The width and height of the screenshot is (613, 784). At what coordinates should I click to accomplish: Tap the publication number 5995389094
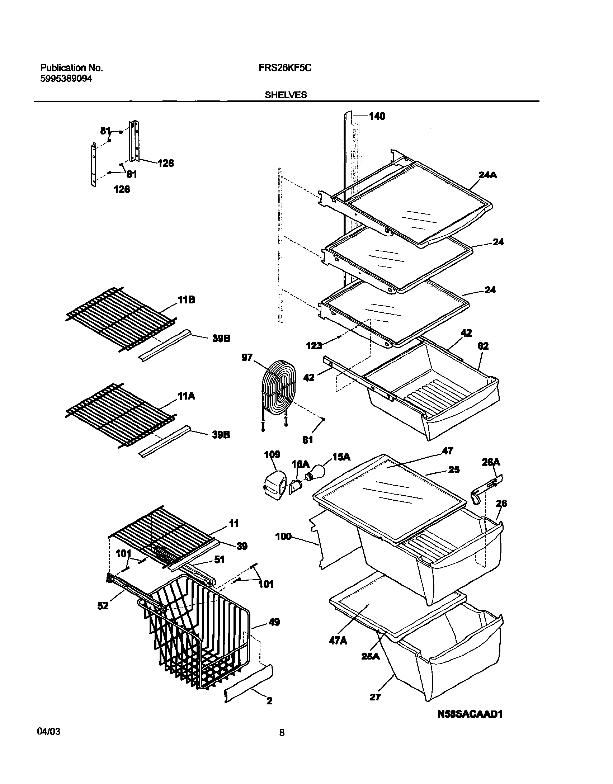[66, 79]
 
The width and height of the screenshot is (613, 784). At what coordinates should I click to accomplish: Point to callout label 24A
[488, 175]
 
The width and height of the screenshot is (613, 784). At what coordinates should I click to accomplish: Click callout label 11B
[186, 300]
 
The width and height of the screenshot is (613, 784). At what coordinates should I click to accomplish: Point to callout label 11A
[186, 396]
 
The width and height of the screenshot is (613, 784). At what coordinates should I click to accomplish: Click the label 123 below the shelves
[314, 346]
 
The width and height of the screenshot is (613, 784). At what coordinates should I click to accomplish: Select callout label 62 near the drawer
[483, 346]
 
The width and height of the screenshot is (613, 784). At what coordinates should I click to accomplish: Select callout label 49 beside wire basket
[274, 622]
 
